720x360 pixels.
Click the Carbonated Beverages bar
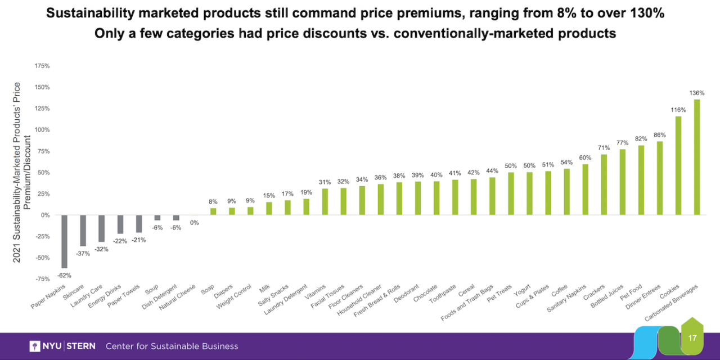pos(697,157)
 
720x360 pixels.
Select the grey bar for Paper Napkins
pos(64,241)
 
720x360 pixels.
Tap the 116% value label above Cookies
pos(678,110)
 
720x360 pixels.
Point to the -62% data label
pos(64,275)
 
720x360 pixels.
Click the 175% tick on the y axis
pos(42,66)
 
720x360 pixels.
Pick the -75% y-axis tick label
pos(42,279)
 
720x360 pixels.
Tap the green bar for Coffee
pos(566,192)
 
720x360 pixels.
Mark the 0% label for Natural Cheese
pos(195,223)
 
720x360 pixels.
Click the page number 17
pos(692,338)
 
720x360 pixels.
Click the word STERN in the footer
pos(81,346)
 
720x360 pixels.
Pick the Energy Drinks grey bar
pos(120,224)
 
